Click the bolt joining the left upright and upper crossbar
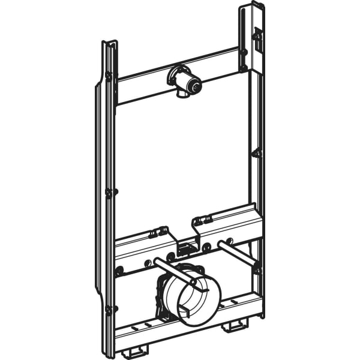pos(109,76)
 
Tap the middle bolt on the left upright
pos(109,193)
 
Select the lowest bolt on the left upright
pos(109,310)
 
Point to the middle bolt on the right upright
pos(256,153)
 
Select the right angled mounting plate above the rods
pos(228,219)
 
